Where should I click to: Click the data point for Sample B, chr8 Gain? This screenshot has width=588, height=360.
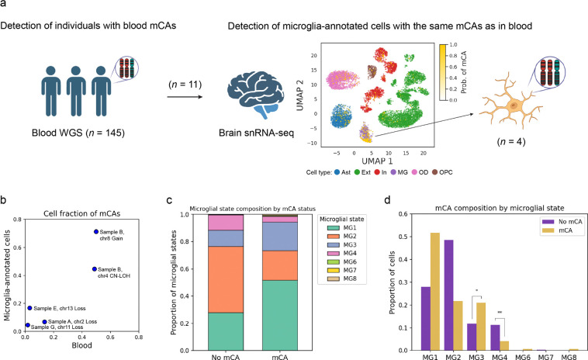click(x=96, y=231)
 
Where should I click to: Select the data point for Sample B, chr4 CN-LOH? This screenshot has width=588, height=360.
click(x=94, y=268)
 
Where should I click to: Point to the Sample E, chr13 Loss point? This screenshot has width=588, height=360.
click(x=30, y=308)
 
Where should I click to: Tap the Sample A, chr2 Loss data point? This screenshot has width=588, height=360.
click(x=45, y=321)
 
